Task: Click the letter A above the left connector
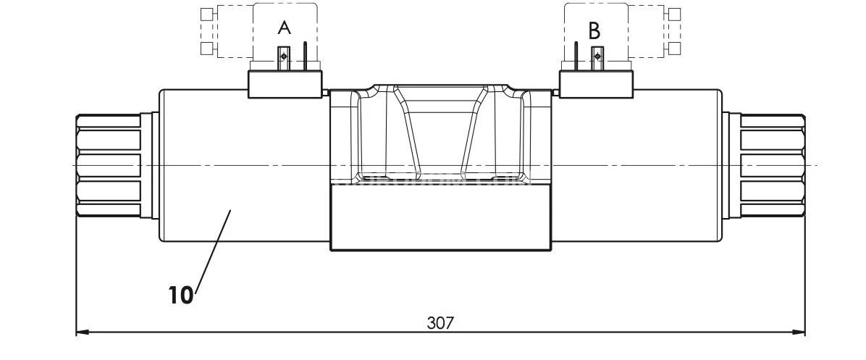click(x=285, y=28)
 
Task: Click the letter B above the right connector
click(x=594, y=31)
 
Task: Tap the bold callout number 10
click(x=181, y=295)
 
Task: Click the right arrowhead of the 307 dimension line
click(x=799, y=332)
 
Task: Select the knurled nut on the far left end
click(x=109, y=165)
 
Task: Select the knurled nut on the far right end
click(x=772, y=165)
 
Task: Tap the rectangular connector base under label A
click(x=285, y=83)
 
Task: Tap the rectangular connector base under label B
click(x=597, y=83)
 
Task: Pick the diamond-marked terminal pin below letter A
click(x=285, y=56)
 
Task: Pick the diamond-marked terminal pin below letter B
click(x=597, y=56)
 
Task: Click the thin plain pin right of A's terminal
click(x=306, y=56)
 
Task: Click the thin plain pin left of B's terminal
click(x=576, y=56)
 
